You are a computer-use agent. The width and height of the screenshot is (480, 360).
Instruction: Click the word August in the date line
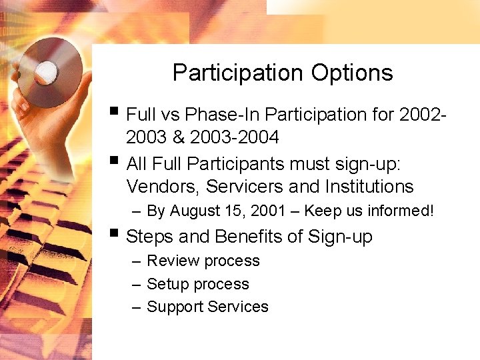point(195,211)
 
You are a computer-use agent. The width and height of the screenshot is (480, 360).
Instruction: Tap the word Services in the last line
point(238,307)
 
